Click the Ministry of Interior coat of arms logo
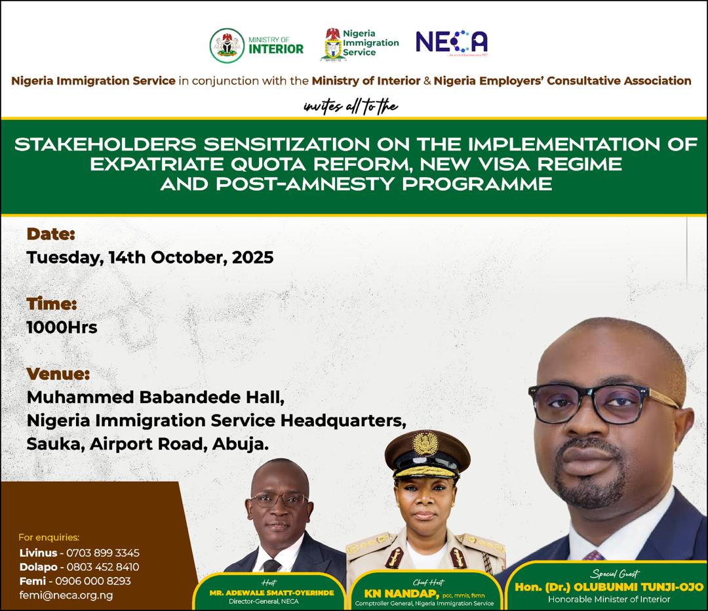226,45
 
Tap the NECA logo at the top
452,43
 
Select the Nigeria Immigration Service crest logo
333,45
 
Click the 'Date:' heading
51,233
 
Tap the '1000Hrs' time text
62,327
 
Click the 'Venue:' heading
58,374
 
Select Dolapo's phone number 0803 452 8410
104,566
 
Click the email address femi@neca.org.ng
66,595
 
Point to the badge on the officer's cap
426,444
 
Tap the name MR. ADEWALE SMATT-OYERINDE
271,592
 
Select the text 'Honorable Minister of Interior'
609,599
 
